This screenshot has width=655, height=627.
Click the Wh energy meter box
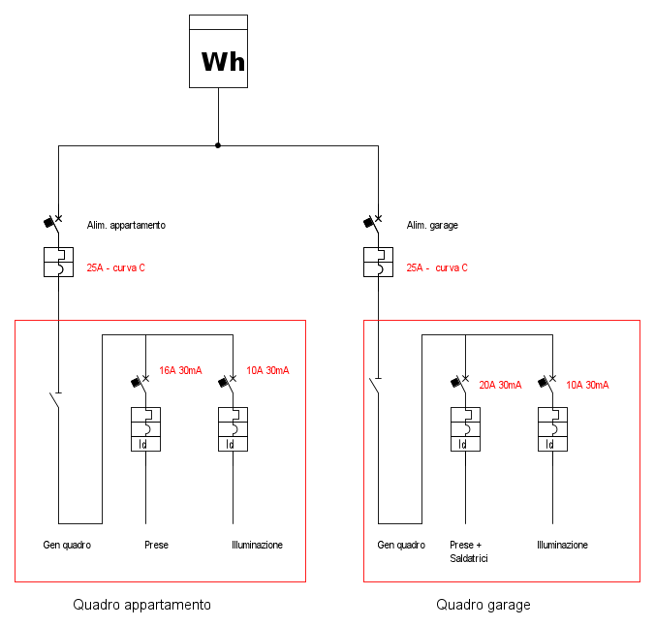(x=217, y=52)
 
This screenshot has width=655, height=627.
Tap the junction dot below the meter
(x=217, y=145)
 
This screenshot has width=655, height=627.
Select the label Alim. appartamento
(x=126, y=225)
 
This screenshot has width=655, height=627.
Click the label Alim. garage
(x=432, y=225)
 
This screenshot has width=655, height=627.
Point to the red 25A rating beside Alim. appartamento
(x=115, y=267)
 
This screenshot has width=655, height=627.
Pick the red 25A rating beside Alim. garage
(x=436, y=267)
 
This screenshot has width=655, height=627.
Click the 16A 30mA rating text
(x=180, y=370)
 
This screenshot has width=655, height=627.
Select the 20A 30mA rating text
(x=500, y=385)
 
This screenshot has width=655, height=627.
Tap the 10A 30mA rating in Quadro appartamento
(x=267, y=370)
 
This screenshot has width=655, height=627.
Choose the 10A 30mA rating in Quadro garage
(x=587, y=385)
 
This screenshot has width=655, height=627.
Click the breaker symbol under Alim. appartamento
(x=58, y=262)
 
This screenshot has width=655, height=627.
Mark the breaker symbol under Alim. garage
(x=378, y=262)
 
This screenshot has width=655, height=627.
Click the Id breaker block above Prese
(x=145, y=429)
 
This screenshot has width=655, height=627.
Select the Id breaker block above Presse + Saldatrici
(x=465, y=429)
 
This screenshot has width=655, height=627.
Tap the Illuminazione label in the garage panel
(x=562, y=545)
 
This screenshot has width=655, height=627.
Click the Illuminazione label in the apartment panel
(x=257, y=545)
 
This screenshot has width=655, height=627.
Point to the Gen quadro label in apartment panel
(x=67, y=545)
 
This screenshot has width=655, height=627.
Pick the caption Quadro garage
(x=483, y=605)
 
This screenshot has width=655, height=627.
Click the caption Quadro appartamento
(x=141, y=605)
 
